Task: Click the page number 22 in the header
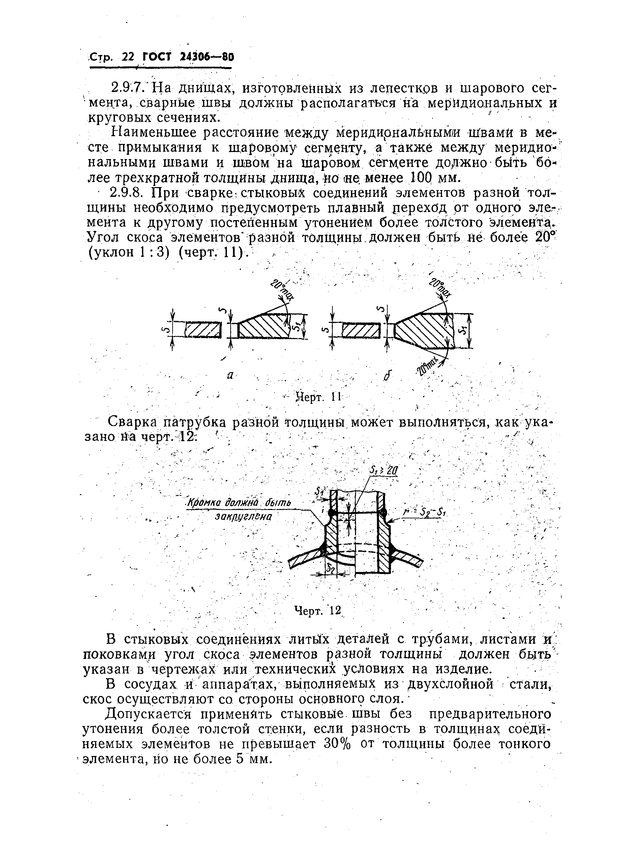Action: coord(128,57)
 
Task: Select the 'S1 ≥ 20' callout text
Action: coord(383,471)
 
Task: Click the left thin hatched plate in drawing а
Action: coord(203,330)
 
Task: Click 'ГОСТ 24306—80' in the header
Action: coord(188,57)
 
